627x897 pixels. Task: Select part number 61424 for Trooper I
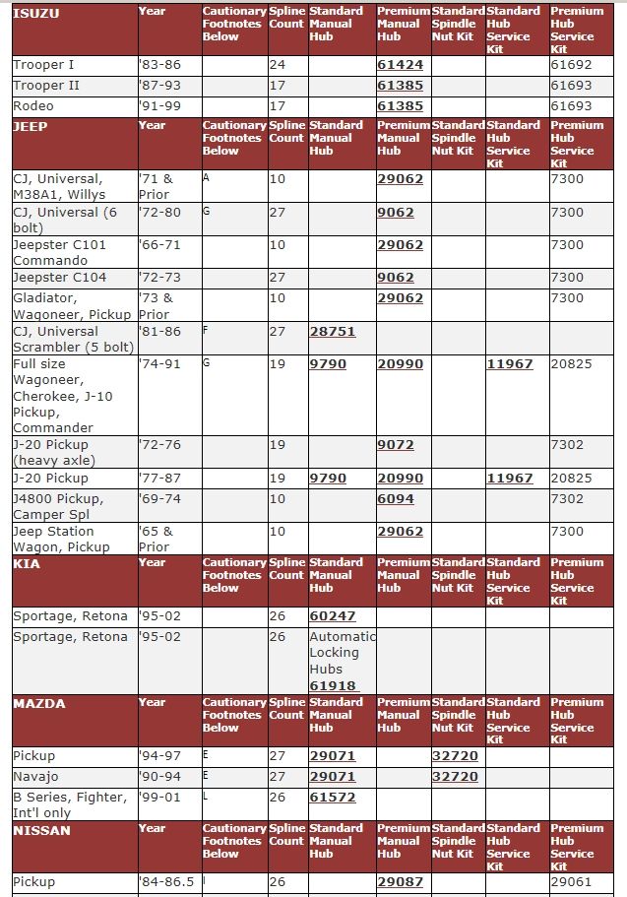[400, 65]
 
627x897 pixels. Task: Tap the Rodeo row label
[33, 106]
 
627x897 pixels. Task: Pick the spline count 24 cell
[278, 65]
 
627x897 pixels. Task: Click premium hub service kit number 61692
[572, 65]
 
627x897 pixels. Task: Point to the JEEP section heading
[31, 127]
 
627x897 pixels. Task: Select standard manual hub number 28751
[332, 332]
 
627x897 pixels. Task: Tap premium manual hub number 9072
[396, 445]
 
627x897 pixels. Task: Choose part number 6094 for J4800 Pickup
[396, 499]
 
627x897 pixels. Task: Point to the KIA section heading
[27, 564]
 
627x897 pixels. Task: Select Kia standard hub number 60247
[332, 616]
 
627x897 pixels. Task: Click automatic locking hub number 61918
[333, 685]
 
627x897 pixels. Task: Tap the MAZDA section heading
[39, 704]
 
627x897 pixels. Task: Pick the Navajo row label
[36, 777]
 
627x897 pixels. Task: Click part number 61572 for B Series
[332, 798]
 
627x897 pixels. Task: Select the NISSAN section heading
[41, 830]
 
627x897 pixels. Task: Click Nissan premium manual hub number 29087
[400, 882]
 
